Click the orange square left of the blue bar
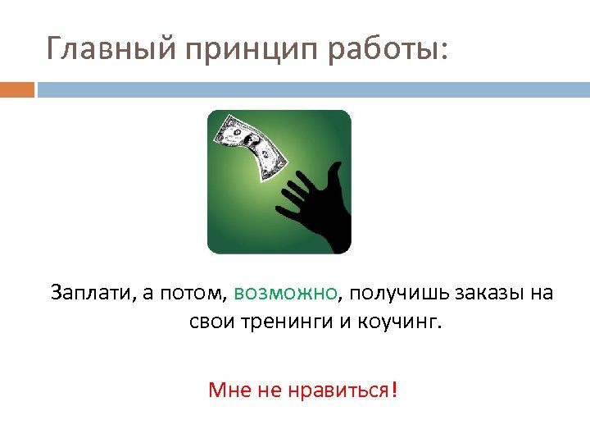tap(16, 89)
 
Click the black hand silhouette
tap(318, 205)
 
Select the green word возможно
tap(285, 293)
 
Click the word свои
tap(211, 321)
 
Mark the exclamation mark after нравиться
tap(395, 389)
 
